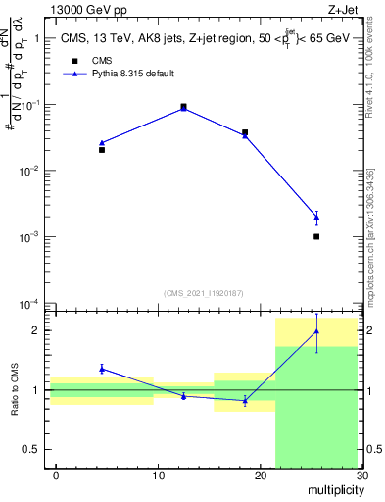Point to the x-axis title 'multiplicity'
pyautogui.click(x=333, y=489)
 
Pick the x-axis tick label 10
pyautogui.click(x=158, y=476)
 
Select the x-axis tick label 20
pyautogui.click(x=260, y=476)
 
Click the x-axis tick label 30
pyautogui.click(x=361, y=476)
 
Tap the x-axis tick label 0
pyautogui.click(x=56, y=476)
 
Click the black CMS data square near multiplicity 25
pyautogui.click(x=316, y=236)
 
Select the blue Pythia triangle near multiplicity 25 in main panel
pyautogui.click(x=316, y=217)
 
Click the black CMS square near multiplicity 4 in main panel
pyautogui.click(x=102, y=150)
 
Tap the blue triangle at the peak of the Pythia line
pyautogui.click(x=183, y=108)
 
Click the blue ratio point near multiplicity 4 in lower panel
pyautogui.click(x=102, y=369)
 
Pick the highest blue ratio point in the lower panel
pyautogui.click(x=316, y=331)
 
